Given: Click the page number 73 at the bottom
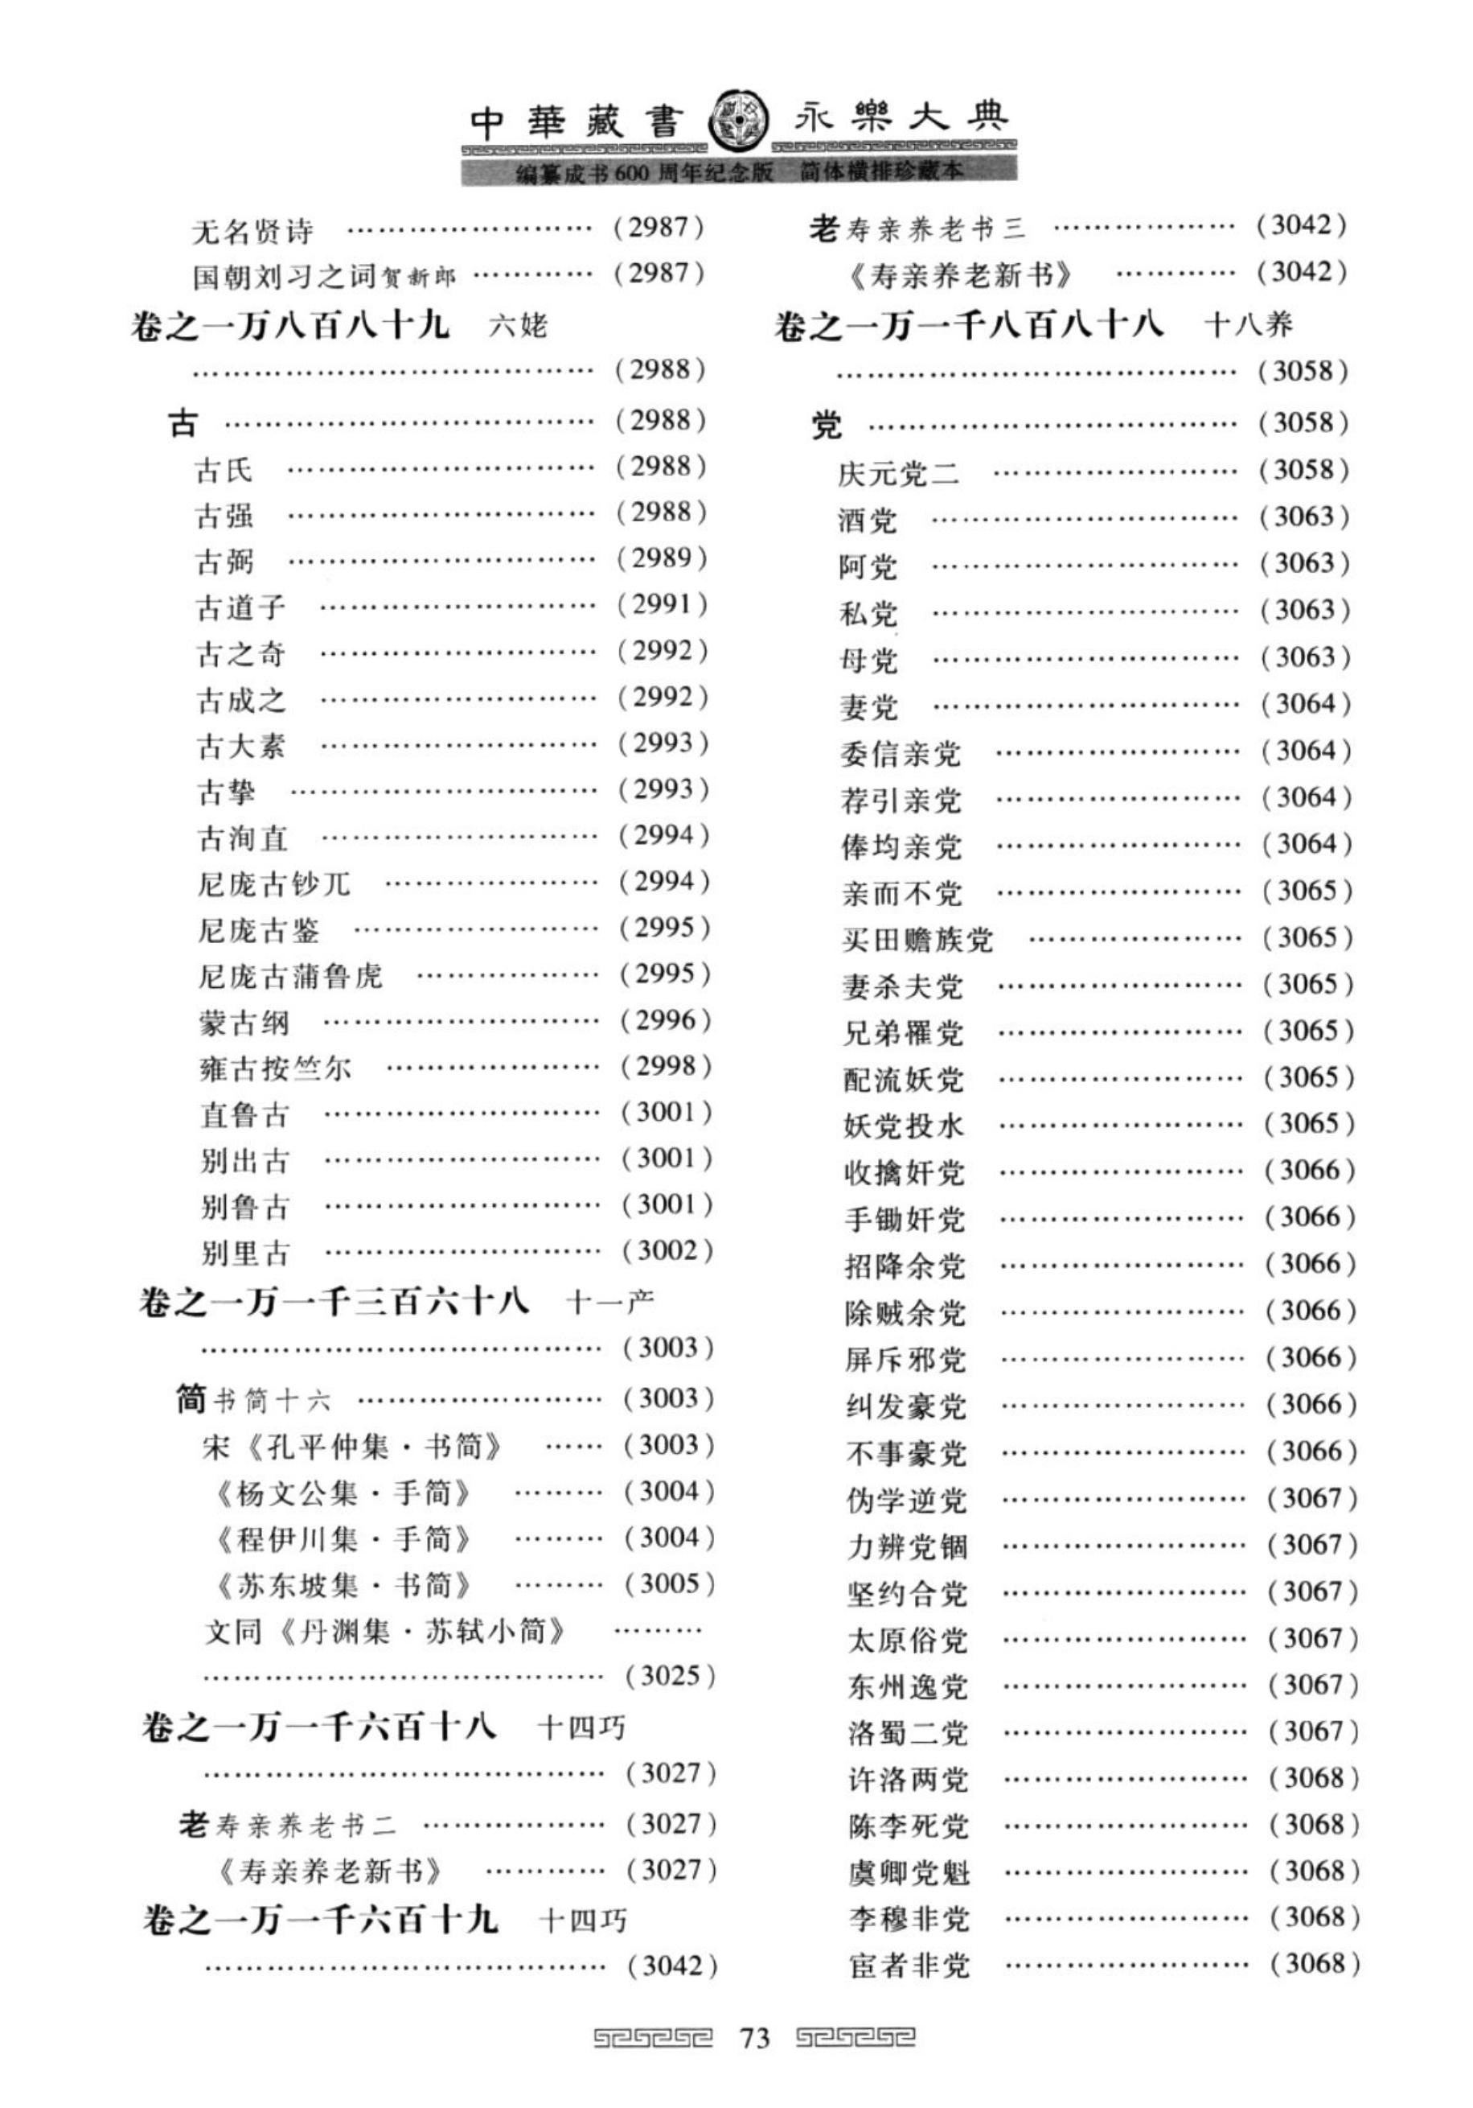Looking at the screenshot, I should coord(753,2038).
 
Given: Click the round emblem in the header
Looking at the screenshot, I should coord(740,118).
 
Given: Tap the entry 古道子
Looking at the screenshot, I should coord(240,606).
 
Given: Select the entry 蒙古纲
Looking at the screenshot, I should coord(244,1022).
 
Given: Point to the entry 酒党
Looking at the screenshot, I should coord(868,520).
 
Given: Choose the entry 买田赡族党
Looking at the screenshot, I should coord(917,939).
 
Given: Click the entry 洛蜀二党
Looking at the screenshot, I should coord(907,1732).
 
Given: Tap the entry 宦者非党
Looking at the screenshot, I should coord(909,1966).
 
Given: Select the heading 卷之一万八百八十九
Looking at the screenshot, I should coord(290,326).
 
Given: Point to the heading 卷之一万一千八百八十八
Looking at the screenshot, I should coord(968,325).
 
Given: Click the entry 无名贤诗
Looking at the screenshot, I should coord(252,230).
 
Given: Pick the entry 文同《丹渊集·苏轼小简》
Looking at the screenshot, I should coord(384,1632).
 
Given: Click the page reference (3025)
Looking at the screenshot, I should coord(669,1677).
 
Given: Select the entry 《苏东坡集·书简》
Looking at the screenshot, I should coord(345,1585).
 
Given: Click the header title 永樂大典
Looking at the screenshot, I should coord(901,119).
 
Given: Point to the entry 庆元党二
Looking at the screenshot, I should coord(898,473).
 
